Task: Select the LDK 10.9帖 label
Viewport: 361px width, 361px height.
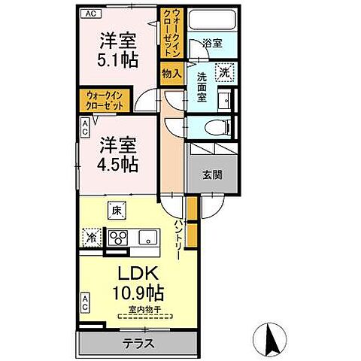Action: pyautogui.click(x=139, y=281)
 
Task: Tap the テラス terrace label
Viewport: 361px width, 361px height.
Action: pyautogui.click(x=140, y=345)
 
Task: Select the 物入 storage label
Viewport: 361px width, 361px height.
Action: pyautogui.click(x=171, y=72)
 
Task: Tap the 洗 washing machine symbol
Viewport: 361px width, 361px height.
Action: pyautogui.click(x=225, y=72)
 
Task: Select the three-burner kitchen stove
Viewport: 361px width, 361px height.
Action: pyautogui.click(x=119, y=238)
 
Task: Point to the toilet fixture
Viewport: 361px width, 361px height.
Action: pyautogui.click(x=212, y=126)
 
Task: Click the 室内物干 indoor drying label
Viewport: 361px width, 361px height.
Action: pyautogui.click(x=141, y=308)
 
